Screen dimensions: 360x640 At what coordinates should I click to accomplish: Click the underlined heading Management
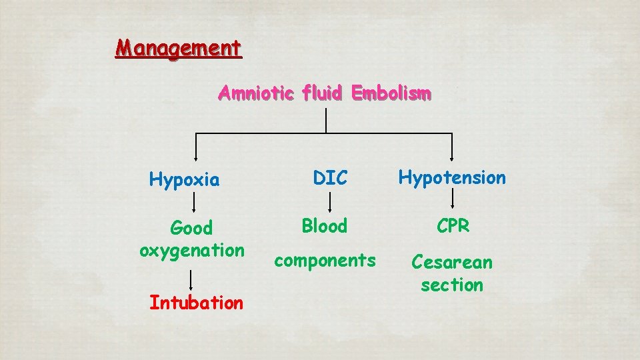click(x=179, y=49)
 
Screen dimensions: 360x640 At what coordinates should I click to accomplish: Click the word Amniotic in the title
click(x=255, y=93)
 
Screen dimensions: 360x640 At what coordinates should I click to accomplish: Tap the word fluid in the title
click(x=323, y=93)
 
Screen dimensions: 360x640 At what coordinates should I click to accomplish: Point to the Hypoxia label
click(x=184, y=179)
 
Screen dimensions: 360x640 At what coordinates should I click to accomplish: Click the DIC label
click(x=331, y=178)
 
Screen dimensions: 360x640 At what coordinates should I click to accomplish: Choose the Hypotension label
click(x=452, y=177)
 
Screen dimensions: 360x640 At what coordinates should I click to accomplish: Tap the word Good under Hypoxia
click(x=191, y=228)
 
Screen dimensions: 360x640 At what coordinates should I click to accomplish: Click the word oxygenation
click(x=192, y=251)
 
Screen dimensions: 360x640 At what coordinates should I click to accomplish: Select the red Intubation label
click(x=196, y=303)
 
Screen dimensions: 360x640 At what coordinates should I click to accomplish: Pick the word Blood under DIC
click(x=325, y=226)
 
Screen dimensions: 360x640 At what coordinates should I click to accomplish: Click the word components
click(x=325, y=260)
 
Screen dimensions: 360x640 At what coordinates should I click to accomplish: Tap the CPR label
click(x=453, y=226)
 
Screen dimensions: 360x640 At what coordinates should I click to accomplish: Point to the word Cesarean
click(x=452, y=262)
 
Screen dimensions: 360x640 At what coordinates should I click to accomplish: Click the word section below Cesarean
click(x=452, y=285)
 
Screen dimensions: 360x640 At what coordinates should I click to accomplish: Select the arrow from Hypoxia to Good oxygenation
click(x=193, y=202)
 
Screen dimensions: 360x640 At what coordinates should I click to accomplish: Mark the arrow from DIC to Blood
click(x=328, y=202)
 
